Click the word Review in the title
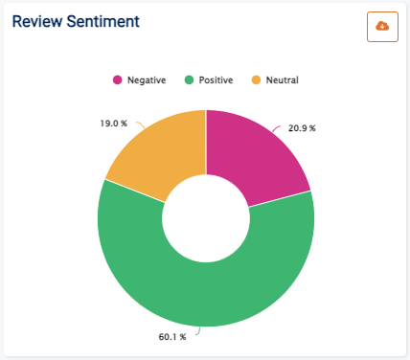[37, 21]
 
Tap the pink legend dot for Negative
[118, 79]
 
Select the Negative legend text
[147, 79]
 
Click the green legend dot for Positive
[190, 79]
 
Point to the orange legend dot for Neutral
[256, 79]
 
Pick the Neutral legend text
[281, 79]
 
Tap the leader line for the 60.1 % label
[197, 331]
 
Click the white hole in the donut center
[206, 219]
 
